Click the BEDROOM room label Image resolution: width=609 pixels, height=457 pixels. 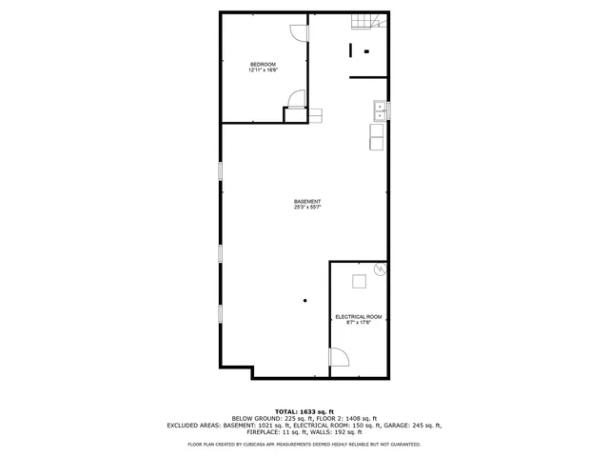point(263,64)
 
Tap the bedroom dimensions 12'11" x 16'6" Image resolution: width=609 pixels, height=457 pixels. point(263,70)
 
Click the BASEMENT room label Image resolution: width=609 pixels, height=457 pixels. point(306,201)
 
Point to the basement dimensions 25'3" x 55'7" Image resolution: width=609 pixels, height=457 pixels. point(306,208)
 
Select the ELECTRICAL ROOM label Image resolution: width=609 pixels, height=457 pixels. point(358,316)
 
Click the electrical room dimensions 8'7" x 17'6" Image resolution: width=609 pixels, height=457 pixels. point(358,323)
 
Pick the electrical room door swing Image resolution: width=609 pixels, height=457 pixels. point(339,357)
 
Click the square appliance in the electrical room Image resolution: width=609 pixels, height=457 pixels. point(359,281)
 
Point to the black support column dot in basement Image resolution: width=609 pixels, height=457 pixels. point(304,301)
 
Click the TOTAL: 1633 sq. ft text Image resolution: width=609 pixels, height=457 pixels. point(304,410)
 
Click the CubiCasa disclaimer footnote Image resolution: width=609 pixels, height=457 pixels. point(304,444)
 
